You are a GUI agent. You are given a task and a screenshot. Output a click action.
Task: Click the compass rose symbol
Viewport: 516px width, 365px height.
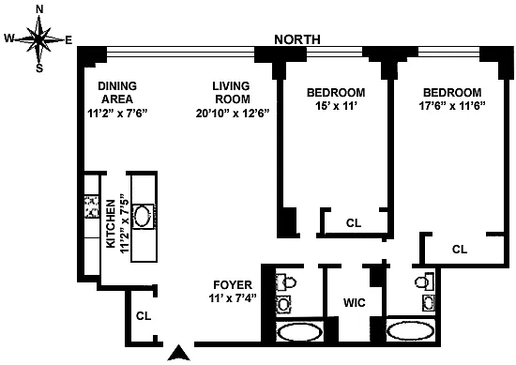38,39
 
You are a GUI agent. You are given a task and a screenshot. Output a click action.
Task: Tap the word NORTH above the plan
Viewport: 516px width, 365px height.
297,39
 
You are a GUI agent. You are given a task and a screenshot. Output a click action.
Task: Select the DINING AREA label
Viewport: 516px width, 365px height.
117,93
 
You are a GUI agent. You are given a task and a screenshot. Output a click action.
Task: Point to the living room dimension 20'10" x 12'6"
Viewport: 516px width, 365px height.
233,114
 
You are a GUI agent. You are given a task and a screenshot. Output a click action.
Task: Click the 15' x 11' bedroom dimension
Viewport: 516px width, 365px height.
336,106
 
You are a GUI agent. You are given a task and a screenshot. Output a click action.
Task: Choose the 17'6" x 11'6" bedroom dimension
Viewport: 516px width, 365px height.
452,106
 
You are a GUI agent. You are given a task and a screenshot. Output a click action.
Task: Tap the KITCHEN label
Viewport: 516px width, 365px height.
111,224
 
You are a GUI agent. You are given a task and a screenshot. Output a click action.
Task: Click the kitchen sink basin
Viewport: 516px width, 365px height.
144,216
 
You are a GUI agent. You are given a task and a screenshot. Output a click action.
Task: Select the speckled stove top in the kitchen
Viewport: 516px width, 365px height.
92,206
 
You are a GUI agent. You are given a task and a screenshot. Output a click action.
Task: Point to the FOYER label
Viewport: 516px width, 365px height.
233,284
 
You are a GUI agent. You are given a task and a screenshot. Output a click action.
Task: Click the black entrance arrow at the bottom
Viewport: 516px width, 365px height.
178,353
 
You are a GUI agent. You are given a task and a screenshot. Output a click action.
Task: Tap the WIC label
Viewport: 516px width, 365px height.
354,302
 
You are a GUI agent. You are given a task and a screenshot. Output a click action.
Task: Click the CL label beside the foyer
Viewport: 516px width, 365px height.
144,316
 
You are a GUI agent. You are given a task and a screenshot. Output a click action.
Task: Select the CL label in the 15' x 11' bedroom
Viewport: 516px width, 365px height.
354,223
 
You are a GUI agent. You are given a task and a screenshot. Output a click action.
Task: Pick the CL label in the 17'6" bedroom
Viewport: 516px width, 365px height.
460,250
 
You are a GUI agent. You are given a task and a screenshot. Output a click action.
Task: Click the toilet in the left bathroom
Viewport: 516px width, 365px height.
285,282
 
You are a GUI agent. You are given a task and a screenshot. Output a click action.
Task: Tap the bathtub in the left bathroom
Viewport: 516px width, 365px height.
299,332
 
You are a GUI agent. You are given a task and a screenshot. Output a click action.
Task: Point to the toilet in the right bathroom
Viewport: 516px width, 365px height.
425,282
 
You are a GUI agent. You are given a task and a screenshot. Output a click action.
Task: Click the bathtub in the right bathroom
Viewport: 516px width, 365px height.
411,331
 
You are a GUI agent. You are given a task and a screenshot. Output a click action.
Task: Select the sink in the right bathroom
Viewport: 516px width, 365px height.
429,303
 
